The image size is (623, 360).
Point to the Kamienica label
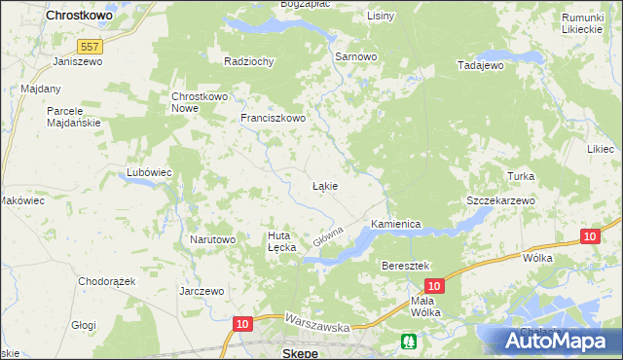click(394, 223)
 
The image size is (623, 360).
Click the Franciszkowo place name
click(274, 119)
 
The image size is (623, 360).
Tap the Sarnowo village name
click(355, 56)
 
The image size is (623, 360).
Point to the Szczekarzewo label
click(500, 199)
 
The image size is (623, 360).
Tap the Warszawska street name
click(317, 323)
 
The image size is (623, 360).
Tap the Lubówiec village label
click(149, 172)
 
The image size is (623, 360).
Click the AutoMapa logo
click(553, 341)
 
